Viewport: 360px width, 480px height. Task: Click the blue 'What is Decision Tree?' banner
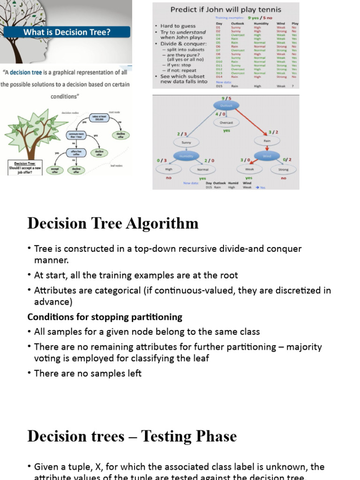pyautogui.click(x=67, y=32)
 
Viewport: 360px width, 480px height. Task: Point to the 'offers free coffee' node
pyautogui.click(x=76, y=153)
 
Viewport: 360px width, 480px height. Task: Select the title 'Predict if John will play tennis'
pyautogui.click(x=225, y=9)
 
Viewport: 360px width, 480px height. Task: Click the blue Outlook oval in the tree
pyautogui.click(x=226, y=105)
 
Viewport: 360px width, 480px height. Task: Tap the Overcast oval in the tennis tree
pyautogui.click(x=226, y=122)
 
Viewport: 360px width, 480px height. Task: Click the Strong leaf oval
pyautogui.click(x=284, y=170)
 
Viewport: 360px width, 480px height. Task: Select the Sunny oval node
pyautogui.click(x=186, y=142)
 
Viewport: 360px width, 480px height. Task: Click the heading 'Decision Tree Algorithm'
pyautogui.click(x=113, y=223)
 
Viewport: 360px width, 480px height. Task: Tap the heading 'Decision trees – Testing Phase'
pyautogui.click(x=132, y=436)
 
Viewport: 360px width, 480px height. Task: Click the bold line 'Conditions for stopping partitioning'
pyautogui.click(x=105, y=317)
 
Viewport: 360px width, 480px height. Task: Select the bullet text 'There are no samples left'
pyautogui.click(x=88, y=373)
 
